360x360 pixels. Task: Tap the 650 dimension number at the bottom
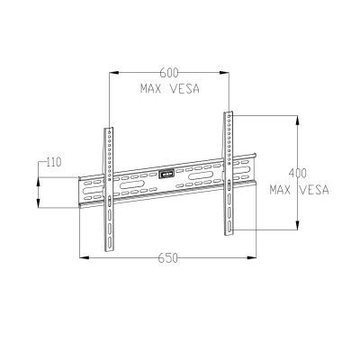168,257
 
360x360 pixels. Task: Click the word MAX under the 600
151,90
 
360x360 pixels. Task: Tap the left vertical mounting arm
109,188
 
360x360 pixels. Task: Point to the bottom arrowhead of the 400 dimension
298,227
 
